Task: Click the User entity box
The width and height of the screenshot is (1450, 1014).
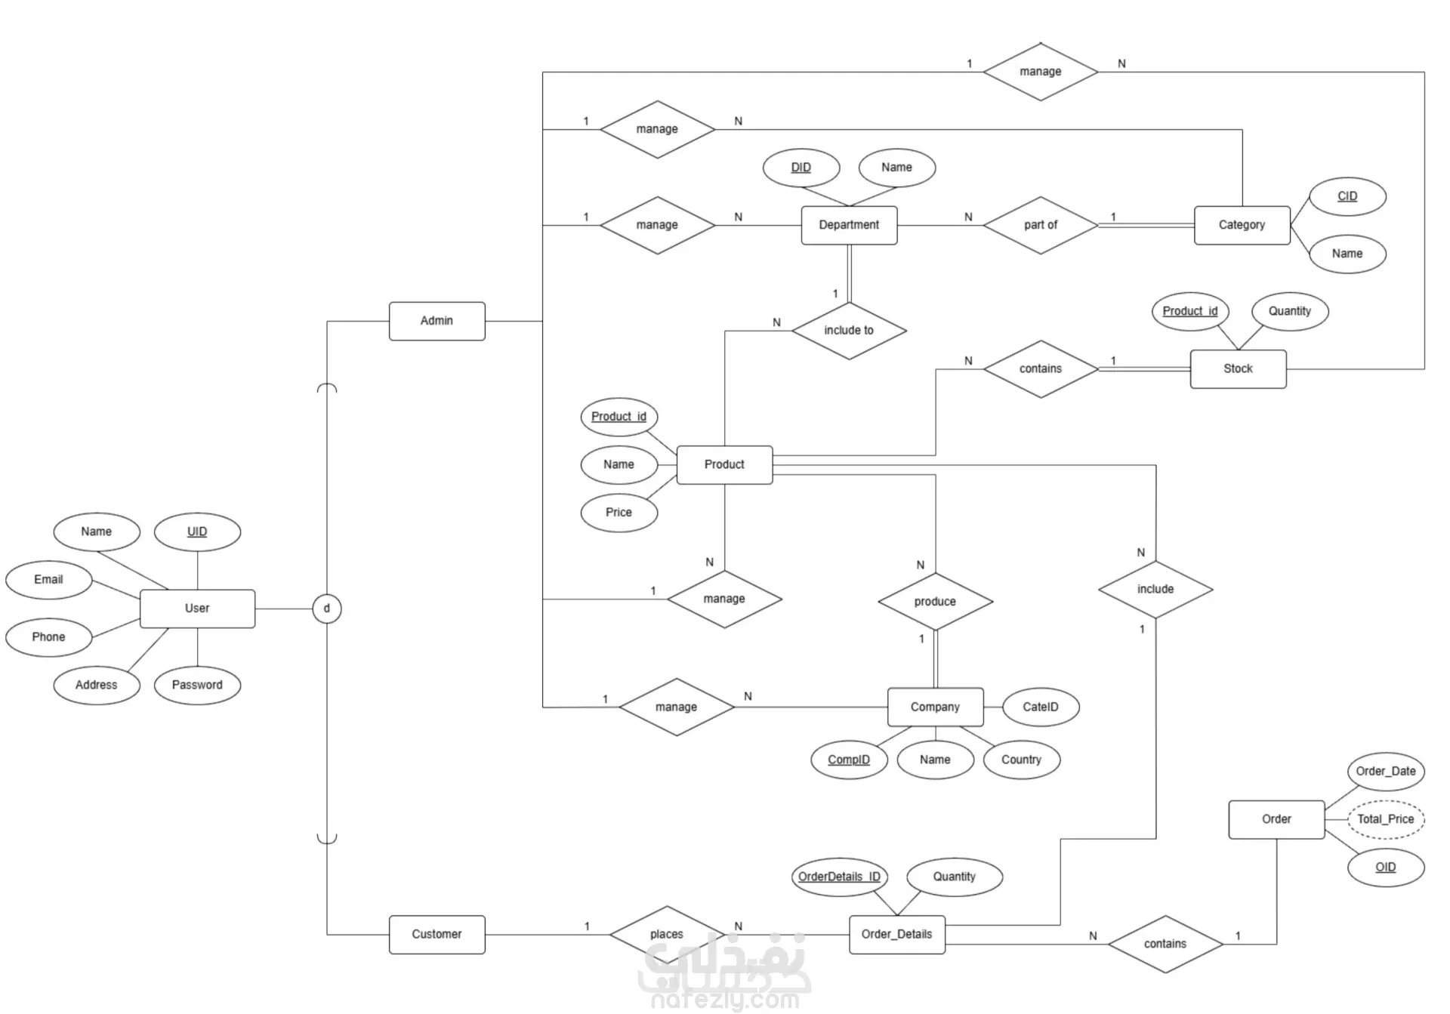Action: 197,608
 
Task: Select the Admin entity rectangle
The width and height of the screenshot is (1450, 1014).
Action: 437,321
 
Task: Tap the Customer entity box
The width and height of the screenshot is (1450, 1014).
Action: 437,934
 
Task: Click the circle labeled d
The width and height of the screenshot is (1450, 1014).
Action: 326,608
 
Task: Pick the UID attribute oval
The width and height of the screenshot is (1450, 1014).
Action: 197,532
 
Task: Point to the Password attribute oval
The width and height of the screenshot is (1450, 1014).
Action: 197,685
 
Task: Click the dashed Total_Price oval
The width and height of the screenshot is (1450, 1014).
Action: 1385,819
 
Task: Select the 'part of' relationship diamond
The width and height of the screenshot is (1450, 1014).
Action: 1040,225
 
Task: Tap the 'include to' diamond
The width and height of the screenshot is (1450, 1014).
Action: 848,331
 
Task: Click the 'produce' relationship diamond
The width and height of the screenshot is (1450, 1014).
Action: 935,602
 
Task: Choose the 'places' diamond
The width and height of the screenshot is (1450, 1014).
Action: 666,935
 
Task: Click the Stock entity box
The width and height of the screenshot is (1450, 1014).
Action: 1238,368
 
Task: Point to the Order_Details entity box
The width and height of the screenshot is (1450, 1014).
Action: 896,934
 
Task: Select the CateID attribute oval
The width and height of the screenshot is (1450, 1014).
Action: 1040,707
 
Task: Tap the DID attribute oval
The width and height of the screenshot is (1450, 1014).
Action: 801,168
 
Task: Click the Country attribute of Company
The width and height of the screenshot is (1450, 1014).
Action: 1021,760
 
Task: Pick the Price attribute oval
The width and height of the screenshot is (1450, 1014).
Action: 619,513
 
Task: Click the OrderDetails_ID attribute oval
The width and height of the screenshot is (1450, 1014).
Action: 838,877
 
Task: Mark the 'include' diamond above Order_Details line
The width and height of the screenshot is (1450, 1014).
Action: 1155,589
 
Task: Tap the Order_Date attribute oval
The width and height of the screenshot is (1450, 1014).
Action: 1385,771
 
